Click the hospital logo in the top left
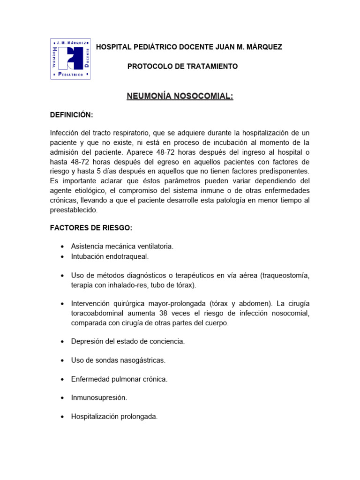coord(70,59)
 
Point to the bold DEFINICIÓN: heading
coord(72,115)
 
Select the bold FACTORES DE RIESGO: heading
coord(91,228)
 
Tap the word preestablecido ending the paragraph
coord(74,210)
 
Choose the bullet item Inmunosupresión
coord(99,397)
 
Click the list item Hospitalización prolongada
coord(114,416)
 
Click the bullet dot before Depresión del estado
coord(62,342)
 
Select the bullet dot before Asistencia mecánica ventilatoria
coord(62,247)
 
